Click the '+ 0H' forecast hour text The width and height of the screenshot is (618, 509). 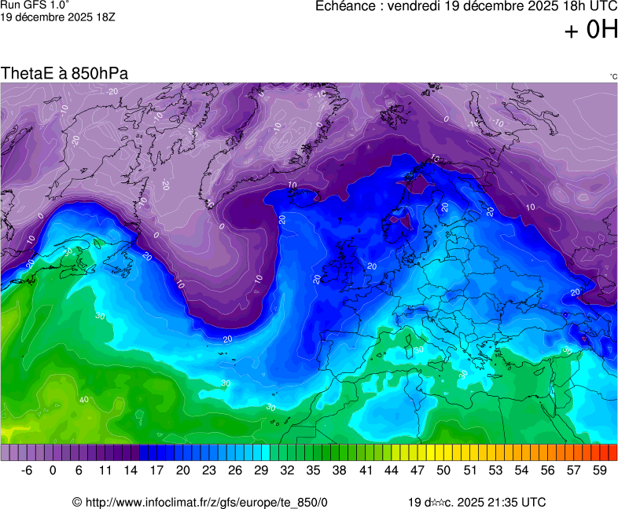click(x=590, y=30)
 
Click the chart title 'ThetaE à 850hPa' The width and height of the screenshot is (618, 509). click(x=64, y=73)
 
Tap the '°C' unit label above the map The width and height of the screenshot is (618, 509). click(x=612, y=76)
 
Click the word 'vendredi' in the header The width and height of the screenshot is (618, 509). click(x=425, y=6)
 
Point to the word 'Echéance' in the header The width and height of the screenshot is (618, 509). click(x=347, y=6)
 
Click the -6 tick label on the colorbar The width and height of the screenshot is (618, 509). click(x=27, y=471)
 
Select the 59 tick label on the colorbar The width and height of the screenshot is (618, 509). click(x=600, y=471)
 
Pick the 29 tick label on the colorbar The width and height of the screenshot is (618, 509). click(x=261, y=471)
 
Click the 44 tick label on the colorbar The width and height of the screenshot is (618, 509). click(x=392, y=471)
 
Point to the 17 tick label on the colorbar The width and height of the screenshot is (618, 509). click(x=156, y=471)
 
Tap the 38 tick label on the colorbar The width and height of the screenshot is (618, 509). click(x=340, y=471)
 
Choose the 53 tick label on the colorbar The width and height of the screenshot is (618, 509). click(x=495, y=471)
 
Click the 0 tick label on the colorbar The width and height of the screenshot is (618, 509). click(x=53, y=471)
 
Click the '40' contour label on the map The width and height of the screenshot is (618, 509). click(x=83, y=401)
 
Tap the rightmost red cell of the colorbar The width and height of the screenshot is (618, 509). click(x=612, y=452)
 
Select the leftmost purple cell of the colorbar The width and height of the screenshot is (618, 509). click(x=6, y=452)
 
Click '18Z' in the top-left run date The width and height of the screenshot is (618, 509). click(x=105, y=16)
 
